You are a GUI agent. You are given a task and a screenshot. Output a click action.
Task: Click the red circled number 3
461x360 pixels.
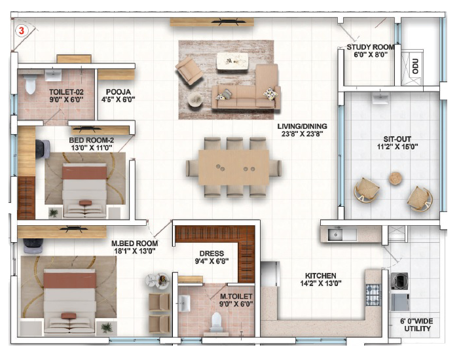[x=22, y=31]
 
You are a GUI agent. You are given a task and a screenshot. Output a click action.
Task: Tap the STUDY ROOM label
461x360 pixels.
[x=371, y=47]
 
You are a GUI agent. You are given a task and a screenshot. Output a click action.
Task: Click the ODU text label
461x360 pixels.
[x=415, y=66]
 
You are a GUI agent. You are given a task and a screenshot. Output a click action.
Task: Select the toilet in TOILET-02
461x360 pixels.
[x=29, y=84]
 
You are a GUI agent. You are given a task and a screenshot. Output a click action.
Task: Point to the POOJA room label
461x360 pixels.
[x=118, y=92]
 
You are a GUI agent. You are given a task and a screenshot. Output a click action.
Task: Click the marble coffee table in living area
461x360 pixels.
[x=232, y=61]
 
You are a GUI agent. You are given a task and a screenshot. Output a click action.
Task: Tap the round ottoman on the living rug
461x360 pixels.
[x=195, y=99]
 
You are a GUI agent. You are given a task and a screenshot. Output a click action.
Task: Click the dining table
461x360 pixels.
[x=234, y=167]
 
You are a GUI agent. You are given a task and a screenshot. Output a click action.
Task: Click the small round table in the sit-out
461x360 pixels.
[x=396, y=178]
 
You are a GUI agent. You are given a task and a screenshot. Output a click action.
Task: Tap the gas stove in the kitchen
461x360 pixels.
[x=373, y=295]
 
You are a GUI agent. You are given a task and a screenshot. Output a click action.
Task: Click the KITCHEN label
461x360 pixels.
[x=320, y=276]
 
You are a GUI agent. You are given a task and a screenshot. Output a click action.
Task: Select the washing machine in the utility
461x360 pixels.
[x=399, y=281]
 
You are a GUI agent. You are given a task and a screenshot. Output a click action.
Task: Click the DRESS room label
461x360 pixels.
[x=212, y=253]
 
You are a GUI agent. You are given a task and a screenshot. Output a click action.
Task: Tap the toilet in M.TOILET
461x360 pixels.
[x=216, y=321]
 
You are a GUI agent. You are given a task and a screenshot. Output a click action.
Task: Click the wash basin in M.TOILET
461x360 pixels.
[x=185, y=303]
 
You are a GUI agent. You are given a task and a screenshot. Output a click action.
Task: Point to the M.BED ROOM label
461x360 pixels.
[x=135, y=243]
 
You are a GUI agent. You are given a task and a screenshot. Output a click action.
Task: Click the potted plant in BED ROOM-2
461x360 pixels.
[x=54, y=213]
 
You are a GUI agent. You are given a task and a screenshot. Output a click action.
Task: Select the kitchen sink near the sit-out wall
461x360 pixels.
[x=335, y=235]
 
